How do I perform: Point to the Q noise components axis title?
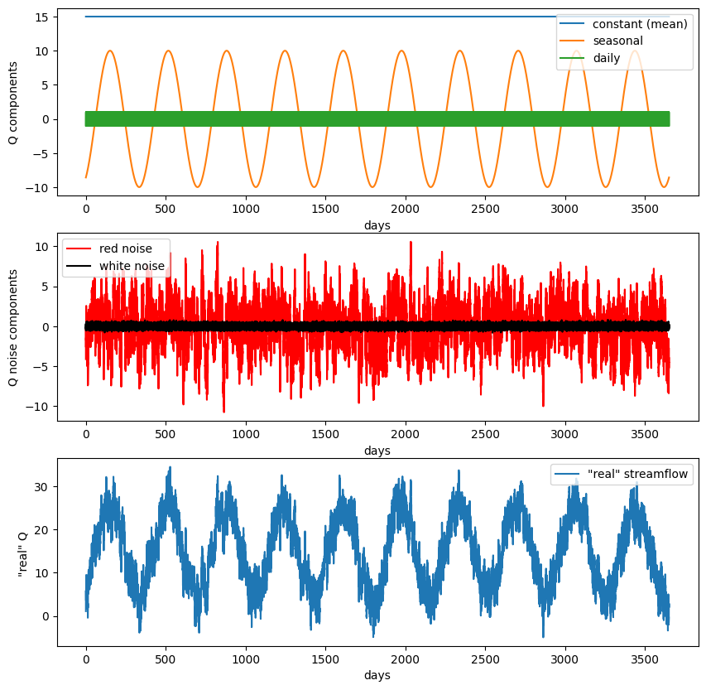click(x=12, y=326)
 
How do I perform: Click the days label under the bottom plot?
click(x=377, y=675)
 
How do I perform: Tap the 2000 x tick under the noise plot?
click(x=406, y=434)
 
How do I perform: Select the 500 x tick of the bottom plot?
click(x=166, y=660)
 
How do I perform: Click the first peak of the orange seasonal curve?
click(x=109, y=51)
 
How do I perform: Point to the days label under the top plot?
click(x=377, y=225)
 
